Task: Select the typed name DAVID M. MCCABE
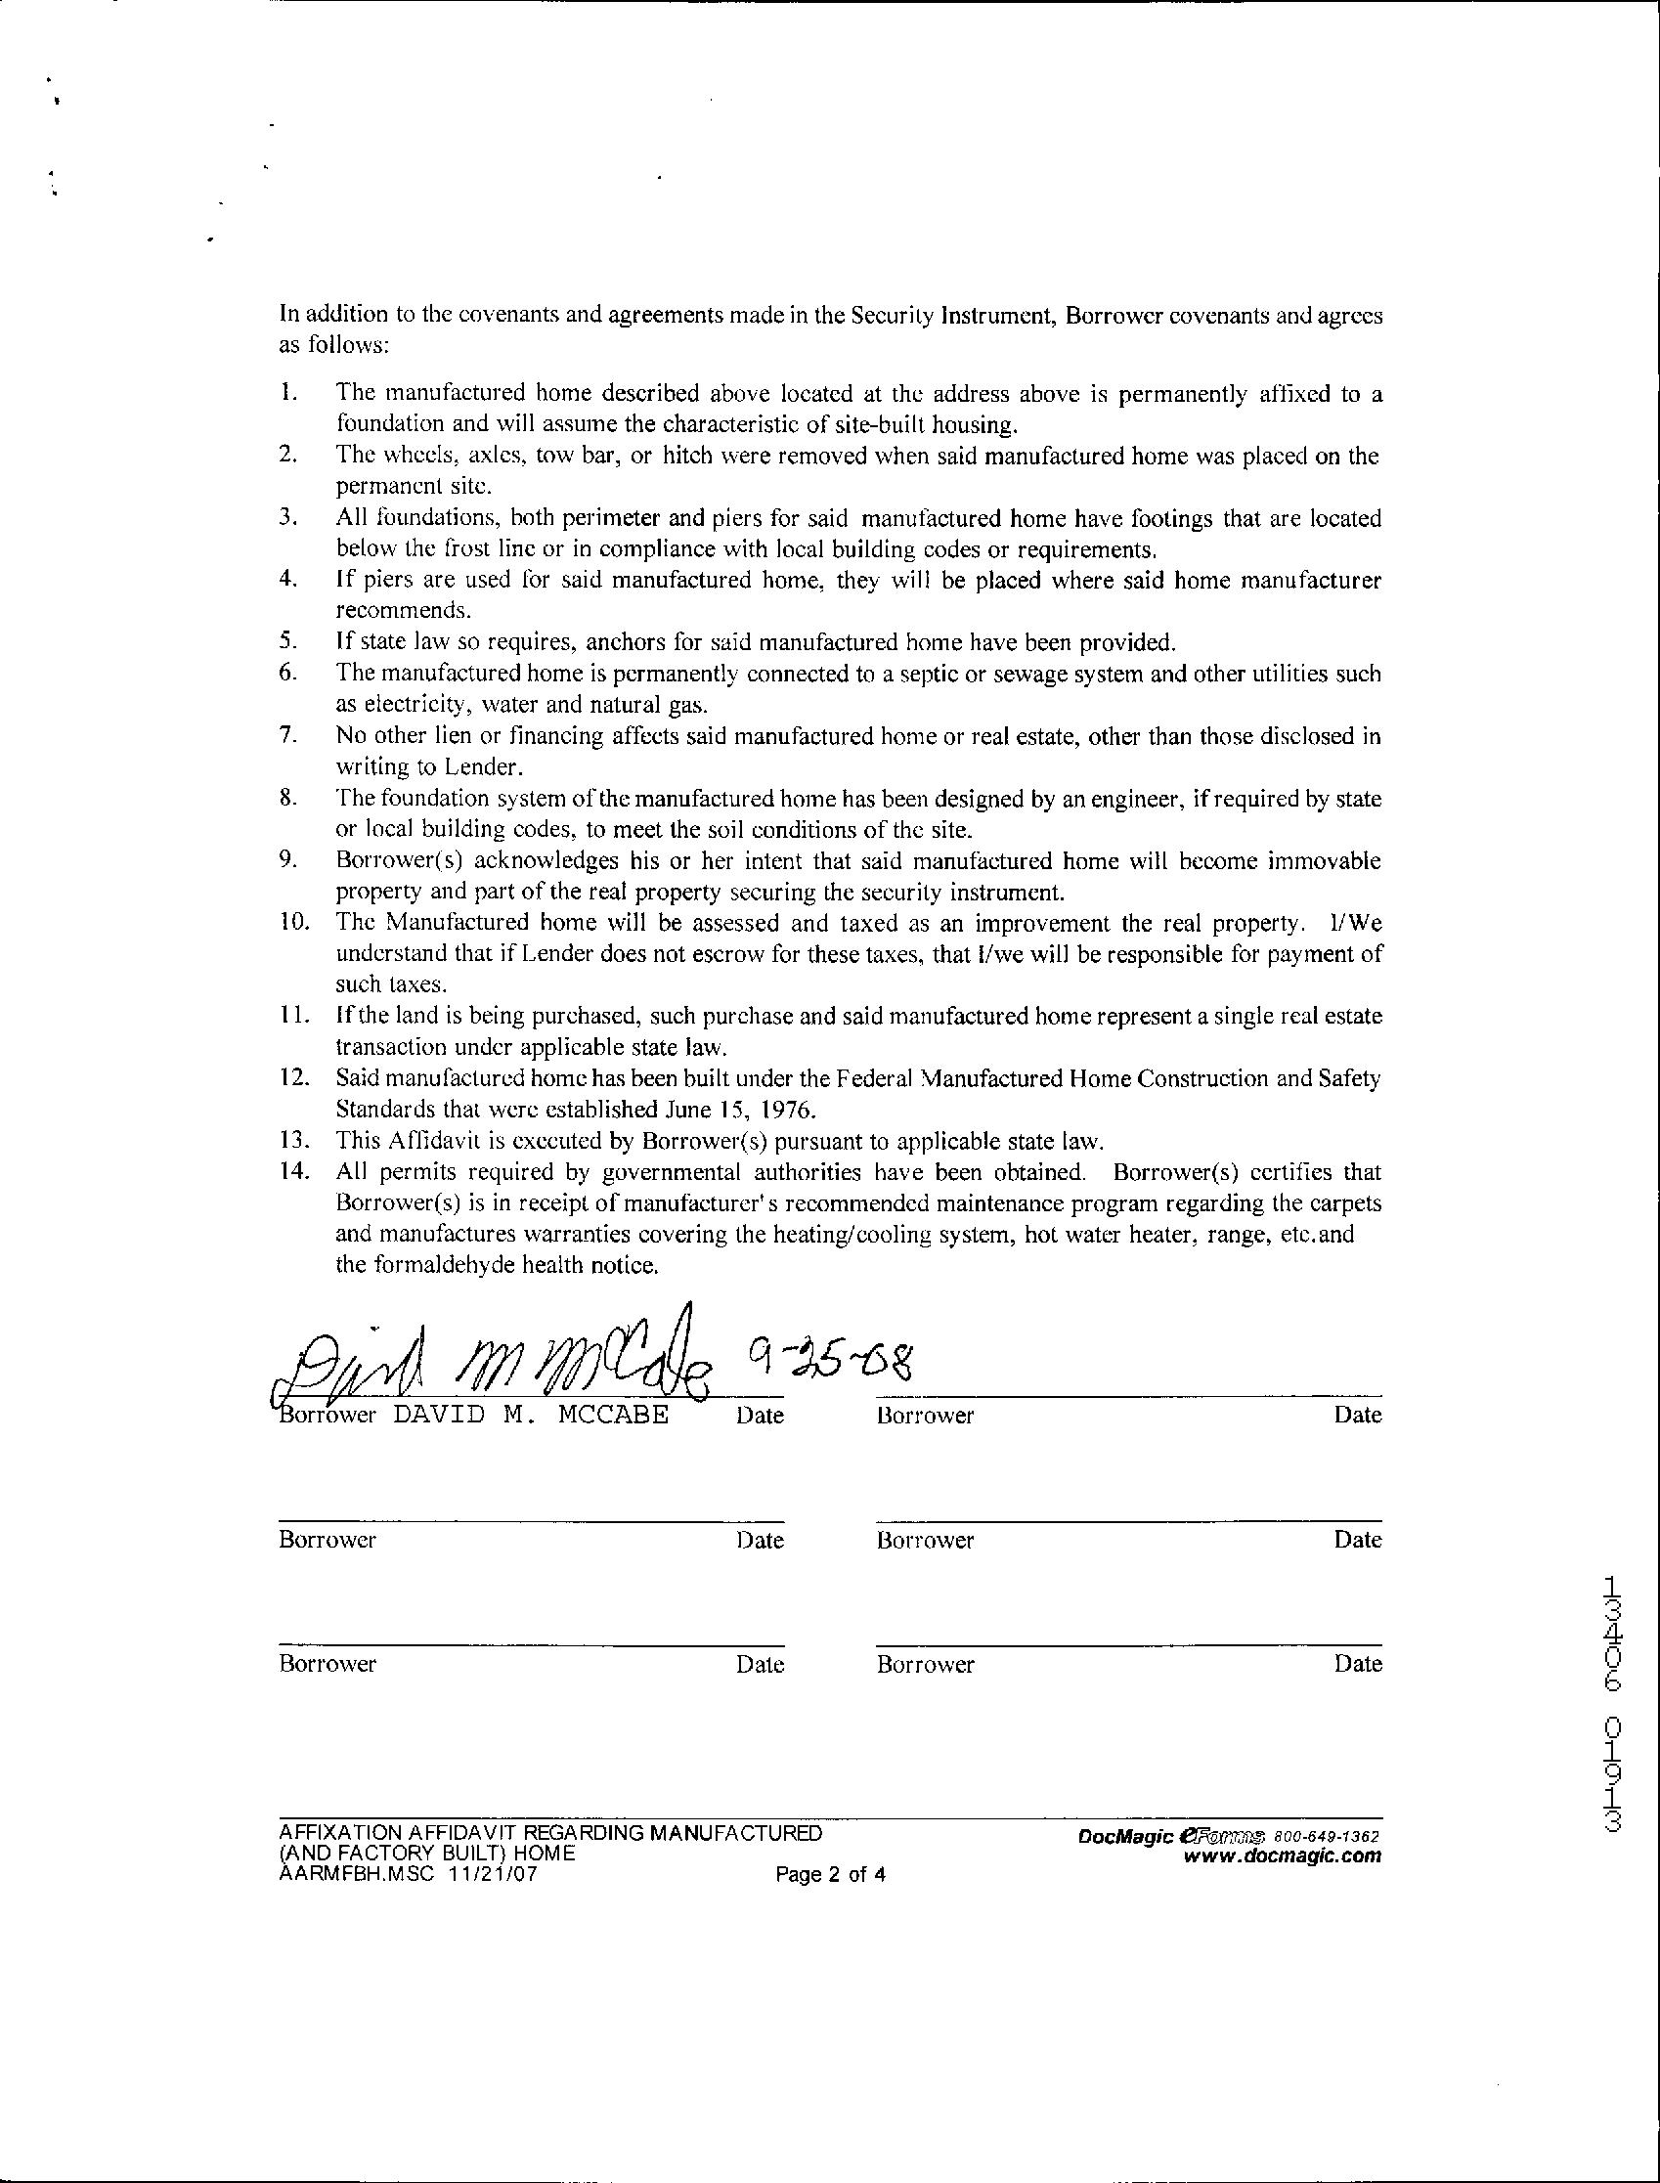coord(531,1415)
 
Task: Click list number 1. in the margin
coord(287,393)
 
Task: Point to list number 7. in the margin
coord(287,736)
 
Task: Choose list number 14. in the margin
coord(293,1173)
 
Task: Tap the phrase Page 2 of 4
coord(830,1875)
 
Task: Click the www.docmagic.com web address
coord(1282,1856)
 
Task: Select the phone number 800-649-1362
coord(1326,1836)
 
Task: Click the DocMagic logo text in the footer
coord(1125,1836)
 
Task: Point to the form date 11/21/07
coord(491,1874)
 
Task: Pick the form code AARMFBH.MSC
coord(357,1874)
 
